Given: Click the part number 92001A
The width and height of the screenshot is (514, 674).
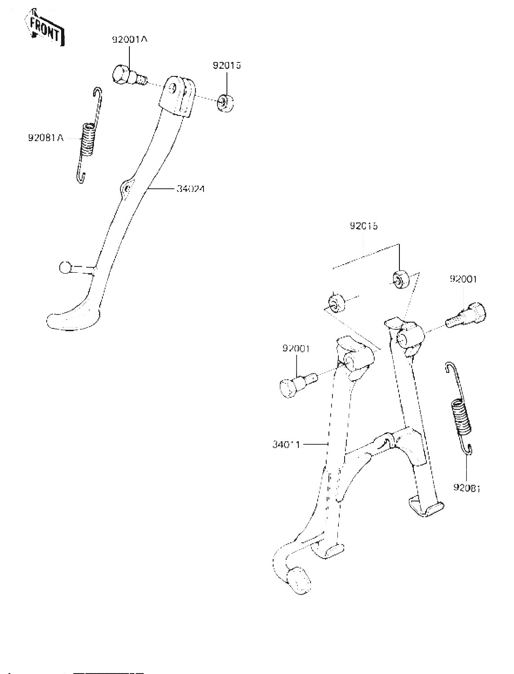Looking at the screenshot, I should pyautogui.click(x=130, y=40).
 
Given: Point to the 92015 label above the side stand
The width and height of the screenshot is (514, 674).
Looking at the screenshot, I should pyautogui.click(x=227, y=66).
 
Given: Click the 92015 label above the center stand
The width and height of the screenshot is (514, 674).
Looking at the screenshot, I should pyautogui.click(x=363, y=226).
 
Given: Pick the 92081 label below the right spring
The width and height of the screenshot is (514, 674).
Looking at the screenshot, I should pyautogui.click(x=467, y=488).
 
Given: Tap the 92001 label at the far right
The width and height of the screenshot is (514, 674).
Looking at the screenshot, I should pyautogui.click(x=464, y=279).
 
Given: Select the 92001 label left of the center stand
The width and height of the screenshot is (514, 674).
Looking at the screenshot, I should pyautogui.click(x=297, y=348).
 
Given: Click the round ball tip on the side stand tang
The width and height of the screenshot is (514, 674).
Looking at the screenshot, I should pyautogui.click(x=65, y=268).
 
